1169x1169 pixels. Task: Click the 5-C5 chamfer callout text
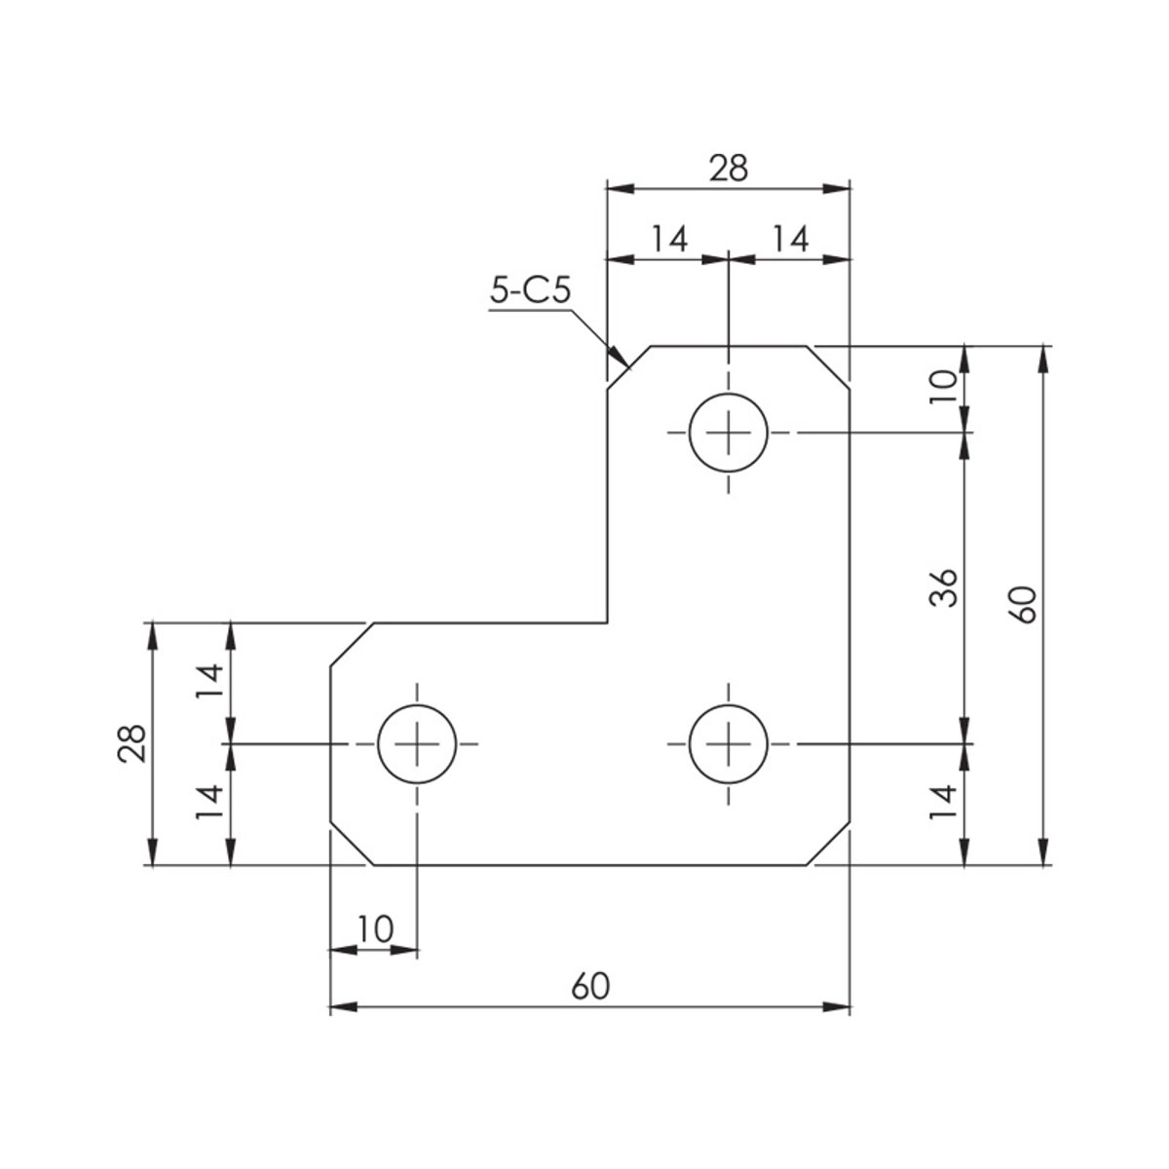pos(530,292)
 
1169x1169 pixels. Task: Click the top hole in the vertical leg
pos(728,433)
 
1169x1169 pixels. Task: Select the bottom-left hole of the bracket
pos(417,743)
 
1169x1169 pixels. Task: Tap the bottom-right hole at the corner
pos(728,743)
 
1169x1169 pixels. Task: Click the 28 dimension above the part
pos(729,168)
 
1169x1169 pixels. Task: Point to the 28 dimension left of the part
pos(132,743)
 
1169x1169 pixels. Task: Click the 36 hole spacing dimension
pos(943,587)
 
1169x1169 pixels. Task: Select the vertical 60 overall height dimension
pos(1024,604)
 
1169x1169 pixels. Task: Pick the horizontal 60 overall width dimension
pos(590,987)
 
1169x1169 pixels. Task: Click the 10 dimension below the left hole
pos(375,928)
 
